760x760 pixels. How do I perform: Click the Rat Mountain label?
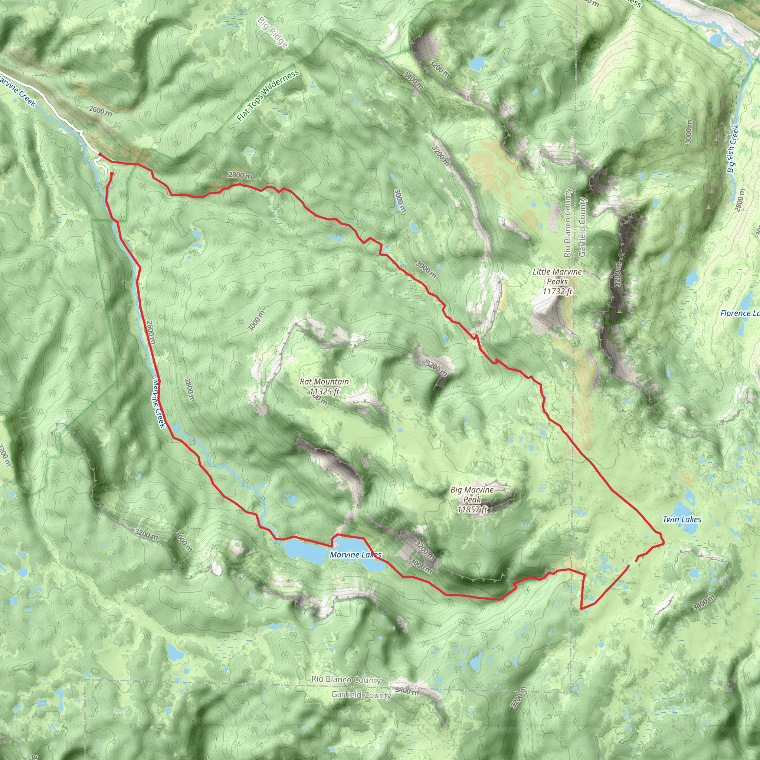point(324,381)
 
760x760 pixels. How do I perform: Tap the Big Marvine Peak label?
point(472,490)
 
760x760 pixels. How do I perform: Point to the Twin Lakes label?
point(682,519)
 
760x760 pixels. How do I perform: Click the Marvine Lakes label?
point(356,555)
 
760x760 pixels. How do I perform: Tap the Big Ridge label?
point(273,32)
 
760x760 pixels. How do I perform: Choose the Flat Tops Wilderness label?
point(268,95)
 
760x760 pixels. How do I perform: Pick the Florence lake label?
point(740,313)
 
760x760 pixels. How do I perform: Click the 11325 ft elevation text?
point(324,392)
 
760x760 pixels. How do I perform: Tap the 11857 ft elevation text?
point(472,510)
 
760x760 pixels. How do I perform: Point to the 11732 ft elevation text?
point(557,291)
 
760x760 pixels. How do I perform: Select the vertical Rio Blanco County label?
point(567,223)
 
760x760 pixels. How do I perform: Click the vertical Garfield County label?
point(582,227)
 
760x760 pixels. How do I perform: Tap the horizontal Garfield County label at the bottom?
point(361,695)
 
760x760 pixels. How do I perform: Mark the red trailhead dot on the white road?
point(100,155)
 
